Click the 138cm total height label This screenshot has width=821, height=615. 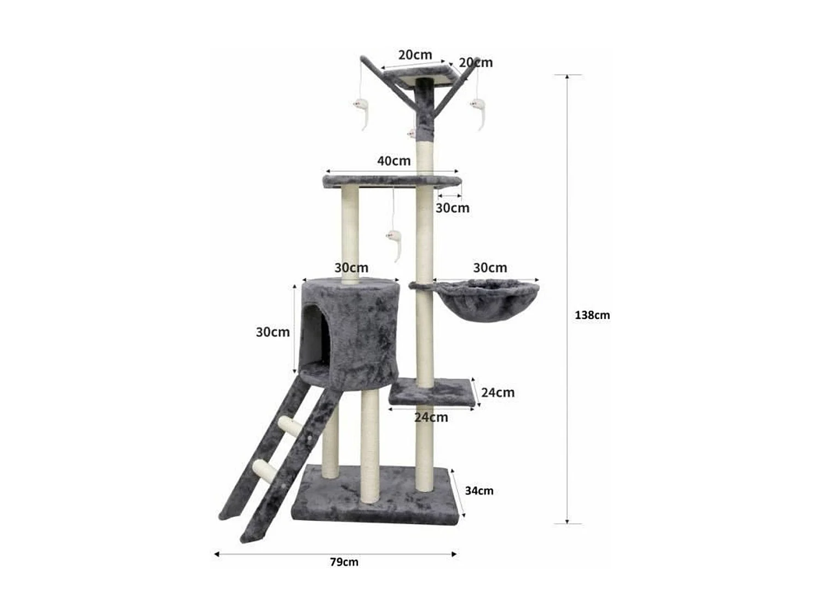(x=592, y=315)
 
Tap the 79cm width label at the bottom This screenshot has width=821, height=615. (x=344, y=562)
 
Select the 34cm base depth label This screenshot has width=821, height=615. (x=479, y=491)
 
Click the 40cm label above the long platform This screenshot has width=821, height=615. (x=394, y=161)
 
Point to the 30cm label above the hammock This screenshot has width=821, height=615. (x=490, y=268)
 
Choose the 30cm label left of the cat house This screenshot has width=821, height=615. (x=273, y=332)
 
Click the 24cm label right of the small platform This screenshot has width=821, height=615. (x=498, y=393)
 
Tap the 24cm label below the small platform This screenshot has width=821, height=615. (x=431, y=418)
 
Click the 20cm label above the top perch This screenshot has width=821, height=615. (x=415, y=55)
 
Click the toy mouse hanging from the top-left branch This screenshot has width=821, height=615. (x=362, y=109)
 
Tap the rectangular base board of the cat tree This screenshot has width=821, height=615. (x=378, y=495)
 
